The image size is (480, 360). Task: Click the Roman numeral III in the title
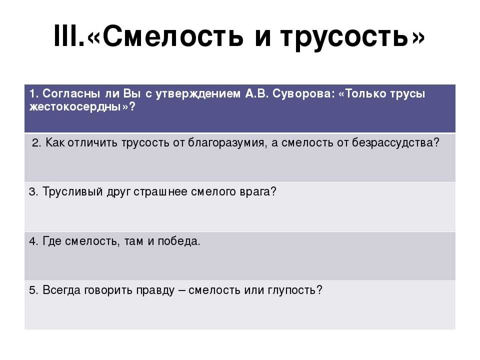click(x=66, y=36)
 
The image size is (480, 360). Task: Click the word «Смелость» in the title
click(x=172, y=36)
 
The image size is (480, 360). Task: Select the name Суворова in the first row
click(x=302, y=93)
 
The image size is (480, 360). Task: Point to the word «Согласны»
click(x=71, y=93)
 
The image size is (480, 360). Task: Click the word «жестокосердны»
click(x=75, y=107)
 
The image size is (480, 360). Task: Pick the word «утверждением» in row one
click(x=198, y=93)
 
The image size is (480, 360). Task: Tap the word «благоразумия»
click(x=226, y=142)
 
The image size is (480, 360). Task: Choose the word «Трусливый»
click(x=72, y=191)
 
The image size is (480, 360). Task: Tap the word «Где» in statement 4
click(x=52, y=241)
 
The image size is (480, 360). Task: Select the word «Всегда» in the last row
click(x=61, y=290)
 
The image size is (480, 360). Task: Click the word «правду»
click(x=155, y=290)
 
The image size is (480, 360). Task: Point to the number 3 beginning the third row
click(x=32, y=192)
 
